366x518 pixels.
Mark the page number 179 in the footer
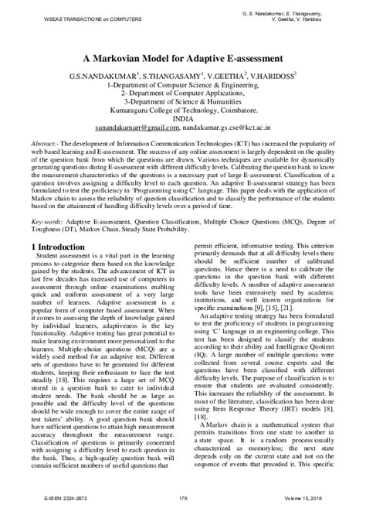[182, 508]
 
